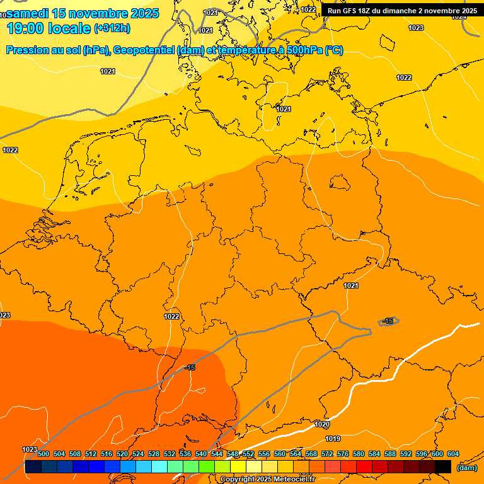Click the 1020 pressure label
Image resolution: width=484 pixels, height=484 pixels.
(x=321, y=424)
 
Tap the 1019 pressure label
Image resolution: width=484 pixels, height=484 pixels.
(x=333, y=439)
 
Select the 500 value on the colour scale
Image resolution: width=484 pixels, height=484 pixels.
(x=43, y=454)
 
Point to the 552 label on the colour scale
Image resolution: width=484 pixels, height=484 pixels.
(x=248, y=454)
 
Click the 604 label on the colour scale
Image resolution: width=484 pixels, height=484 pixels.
(x=453, y=454)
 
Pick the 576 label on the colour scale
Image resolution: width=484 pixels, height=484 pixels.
(x=343, y=454)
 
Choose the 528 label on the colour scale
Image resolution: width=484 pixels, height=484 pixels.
(x=154, y=454)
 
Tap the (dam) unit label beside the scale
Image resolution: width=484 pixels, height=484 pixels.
(x=466, y=467)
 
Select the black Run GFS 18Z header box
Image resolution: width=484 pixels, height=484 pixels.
(x=401, y=10)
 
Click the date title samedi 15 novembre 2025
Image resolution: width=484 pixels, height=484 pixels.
(x=83, y=13)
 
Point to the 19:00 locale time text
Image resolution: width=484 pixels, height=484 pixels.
(x=49, y=28)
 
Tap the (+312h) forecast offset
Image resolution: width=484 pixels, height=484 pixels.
(x=113, y=28)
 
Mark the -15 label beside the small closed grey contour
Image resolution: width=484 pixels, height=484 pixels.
(x=388, y=321)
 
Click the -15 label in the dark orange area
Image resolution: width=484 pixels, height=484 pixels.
(x=190, y=367)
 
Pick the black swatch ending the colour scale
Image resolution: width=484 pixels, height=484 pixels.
(x=443, y=466)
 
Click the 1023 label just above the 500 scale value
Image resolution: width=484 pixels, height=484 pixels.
(x=29, y=449)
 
